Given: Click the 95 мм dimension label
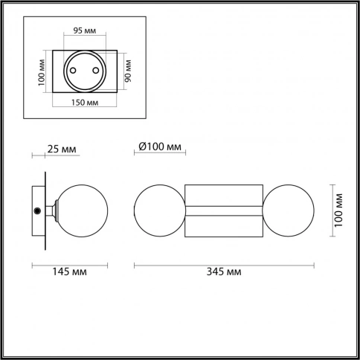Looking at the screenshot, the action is click(x=85, y=30).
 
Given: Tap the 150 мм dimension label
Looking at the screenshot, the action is click(x=85, y=103).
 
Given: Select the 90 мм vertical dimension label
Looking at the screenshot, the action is click(x=128, y=71).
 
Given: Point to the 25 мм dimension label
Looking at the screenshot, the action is click(x=62, y=150).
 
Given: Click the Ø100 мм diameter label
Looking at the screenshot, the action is click(x=160, y=147).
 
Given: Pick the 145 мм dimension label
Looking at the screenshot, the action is click(x=69, y=271).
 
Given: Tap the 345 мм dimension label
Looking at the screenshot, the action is click(x=224, y=271).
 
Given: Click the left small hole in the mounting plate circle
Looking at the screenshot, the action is click(x=73, y=71).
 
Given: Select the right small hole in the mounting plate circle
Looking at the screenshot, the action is click(x=96, y=71).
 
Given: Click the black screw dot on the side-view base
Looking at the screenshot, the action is click(x=37, y=210).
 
